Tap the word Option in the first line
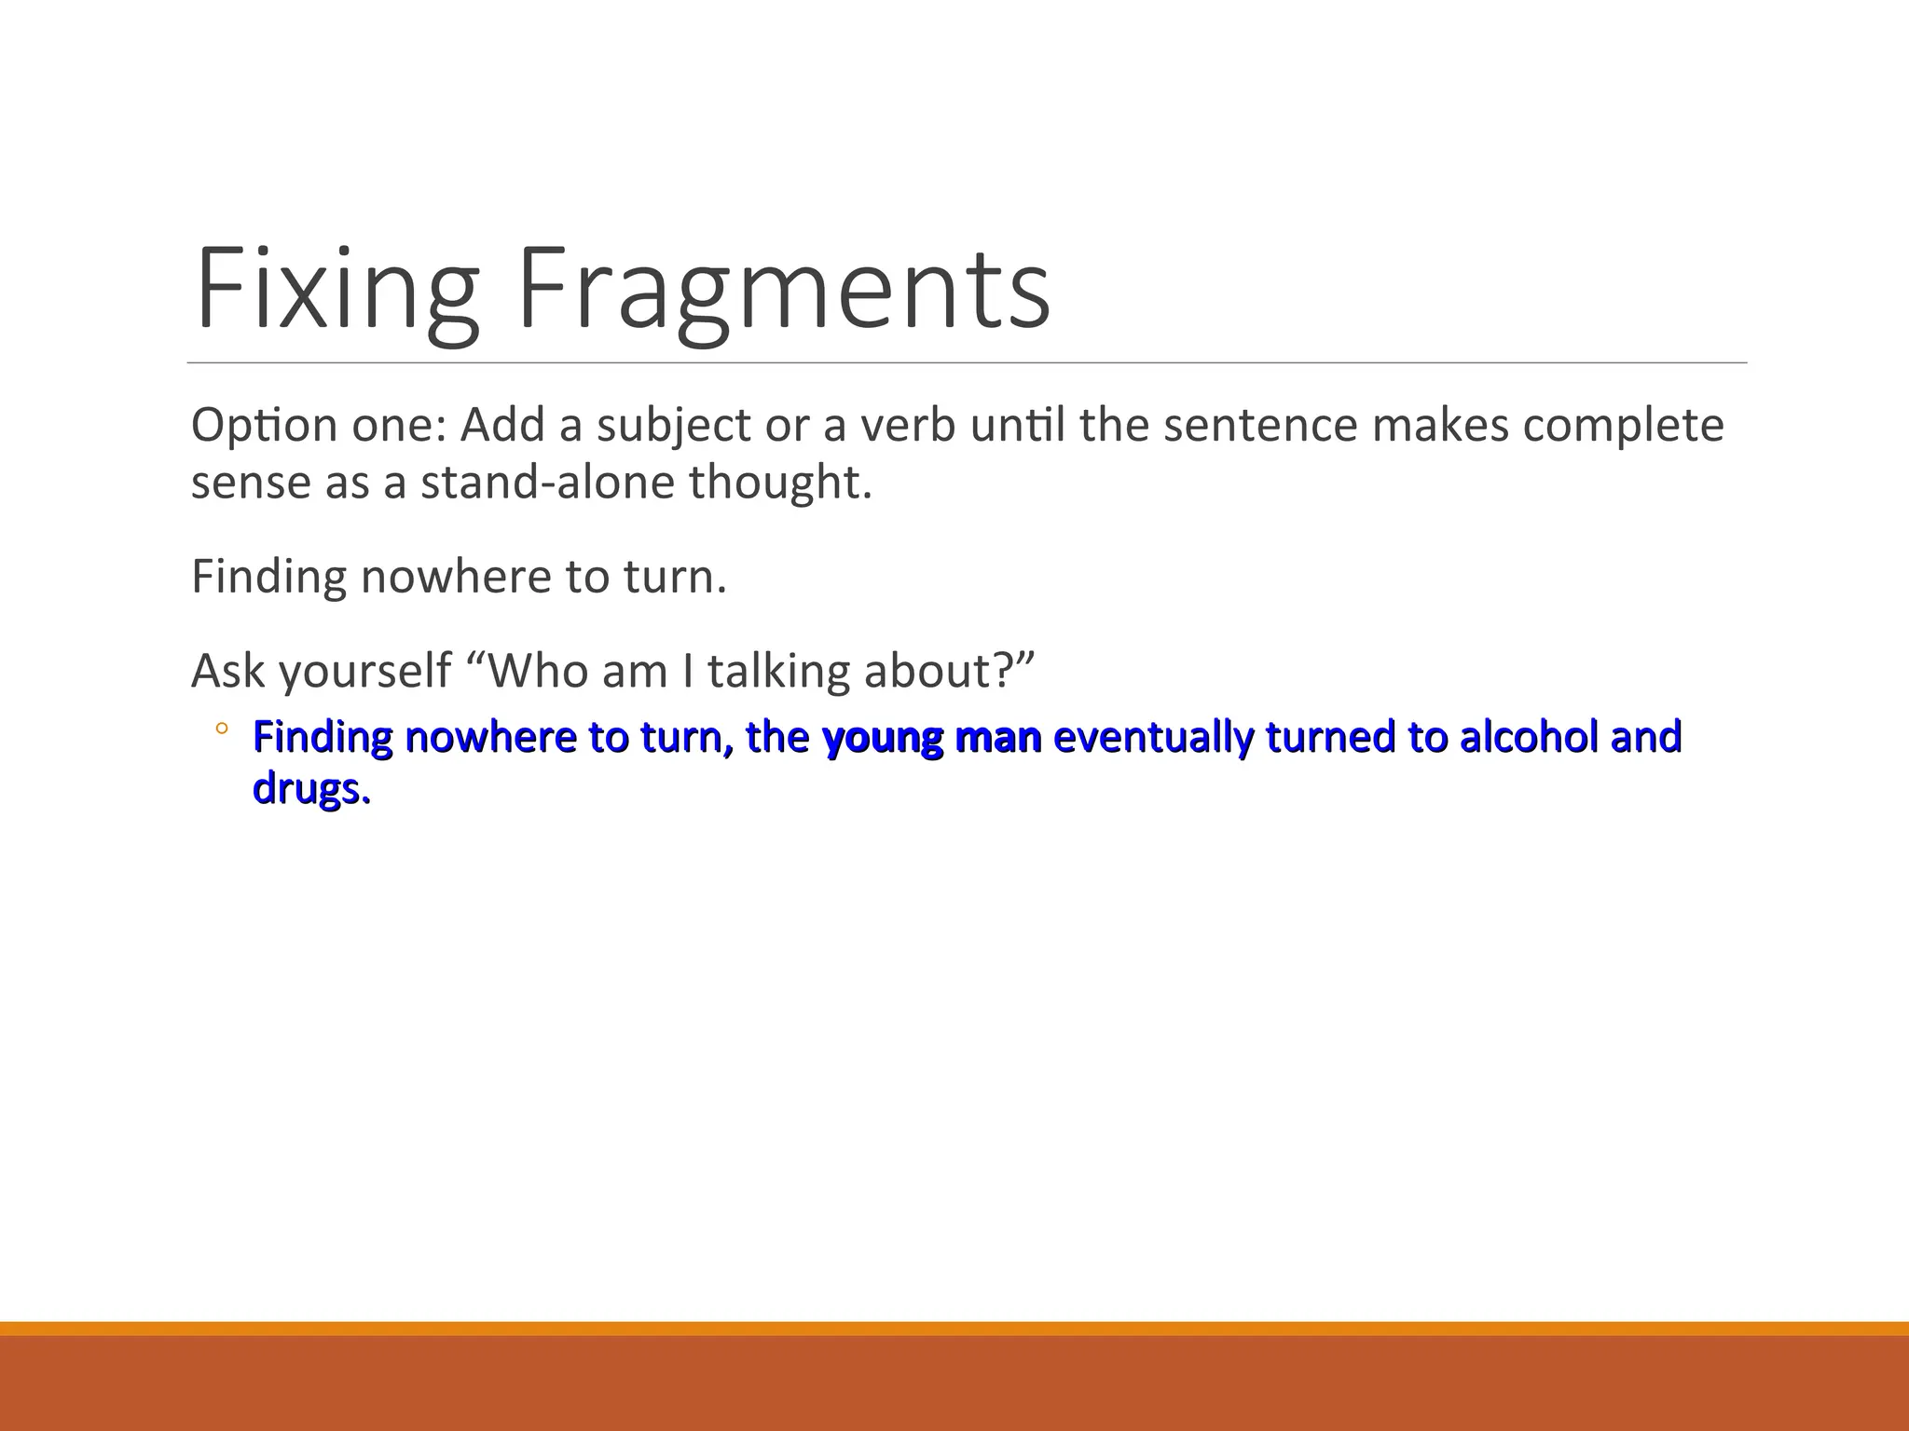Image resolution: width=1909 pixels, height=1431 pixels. pos(264,426)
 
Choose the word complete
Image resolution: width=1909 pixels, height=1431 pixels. pos(1624,426)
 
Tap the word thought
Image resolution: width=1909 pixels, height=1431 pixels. pos(780,483)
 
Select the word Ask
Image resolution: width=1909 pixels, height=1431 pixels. pos(229,671)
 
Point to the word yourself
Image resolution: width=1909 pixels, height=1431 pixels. pos(365,671)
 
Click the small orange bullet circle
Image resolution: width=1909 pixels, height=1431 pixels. pos(221,729)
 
